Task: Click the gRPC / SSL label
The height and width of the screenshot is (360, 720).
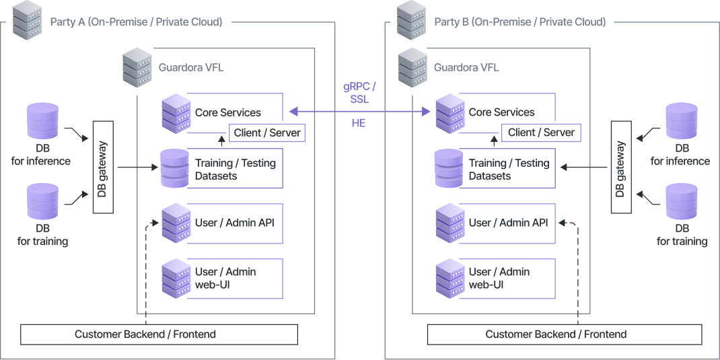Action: pyautogui.click(x=359, y=93)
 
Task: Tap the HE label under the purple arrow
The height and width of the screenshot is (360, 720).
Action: pyautogui.click(x=359, y=124)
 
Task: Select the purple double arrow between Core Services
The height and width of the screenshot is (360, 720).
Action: pyautogui.click(x=359, y=111)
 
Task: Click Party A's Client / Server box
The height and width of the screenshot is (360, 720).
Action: pyautogui.click(x=267, y=133)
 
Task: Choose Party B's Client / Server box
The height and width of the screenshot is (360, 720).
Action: pyautogui.click(x=541, y=133)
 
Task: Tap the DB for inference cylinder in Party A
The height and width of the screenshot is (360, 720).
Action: pyautogui.click(x=42, y=122)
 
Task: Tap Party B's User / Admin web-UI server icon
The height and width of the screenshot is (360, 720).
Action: pyautogui.click(x=449, y=278)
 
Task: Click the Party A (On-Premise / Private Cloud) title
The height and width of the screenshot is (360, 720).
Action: pyautogui.click(x=136, y=22)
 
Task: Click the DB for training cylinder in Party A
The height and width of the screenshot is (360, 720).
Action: pyautogui.click(x=42, y=202)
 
